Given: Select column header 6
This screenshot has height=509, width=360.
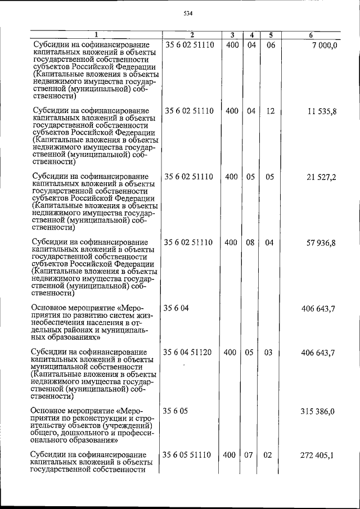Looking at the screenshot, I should [311, 35].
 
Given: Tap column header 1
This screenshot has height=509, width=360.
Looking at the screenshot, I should [96, 35].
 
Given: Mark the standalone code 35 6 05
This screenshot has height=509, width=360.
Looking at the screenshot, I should [176, 411].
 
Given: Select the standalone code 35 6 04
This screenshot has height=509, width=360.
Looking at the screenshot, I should [176, 308].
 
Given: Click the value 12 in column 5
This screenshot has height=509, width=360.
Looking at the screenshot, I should [270, 111].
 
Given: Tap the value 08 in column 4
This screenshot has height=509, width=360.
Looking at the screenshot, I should [250, 243].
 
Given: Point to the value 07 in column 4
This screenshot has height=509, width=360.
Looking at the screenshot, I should [250, 454].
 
